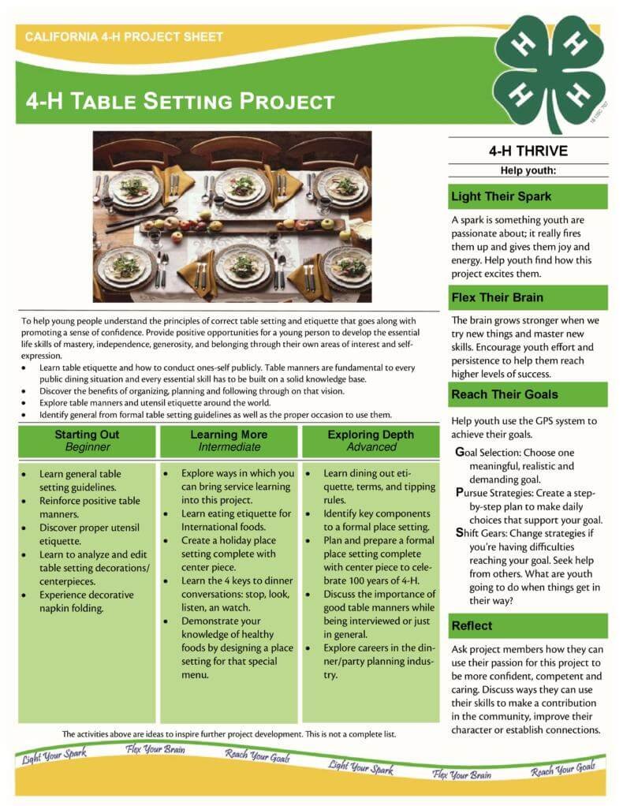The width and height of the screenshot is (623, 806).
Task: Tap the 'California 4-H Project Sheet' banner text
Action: pyautogui.click(x=124, y=37)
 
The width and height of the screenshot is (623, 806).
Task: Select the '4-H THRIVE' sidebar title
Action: pyautogui.click(x=528, y=151)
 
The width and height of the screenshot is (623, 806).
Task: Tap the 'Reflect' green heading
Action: pyautogui.click(x=472, y=625)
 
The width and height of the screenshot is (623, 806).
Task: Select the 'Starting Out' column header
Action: pyautogui.click(x=87, y=435)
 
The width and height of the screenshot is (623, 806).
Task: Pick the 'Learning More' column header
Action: pyautogui.click(x=229, y=435)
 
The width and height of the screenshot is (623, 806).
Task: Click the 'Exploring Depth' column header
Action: pyautogui.click(x=371, y=435)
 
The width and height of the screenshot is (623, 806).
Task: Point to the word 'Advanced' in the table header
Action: pyautogui.click(x=371, y=447)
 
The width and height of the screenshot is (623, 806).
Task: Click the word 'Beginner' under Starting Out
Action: pyautogui.click(x=87, y=447)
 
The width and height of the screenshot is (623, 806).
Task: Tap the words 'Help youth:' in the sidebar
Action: pyautogui.click(x=528, y=170)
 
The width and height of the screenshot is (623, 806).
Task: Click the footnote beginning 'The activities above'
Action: pyautogui.click(x=229, y=733)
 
